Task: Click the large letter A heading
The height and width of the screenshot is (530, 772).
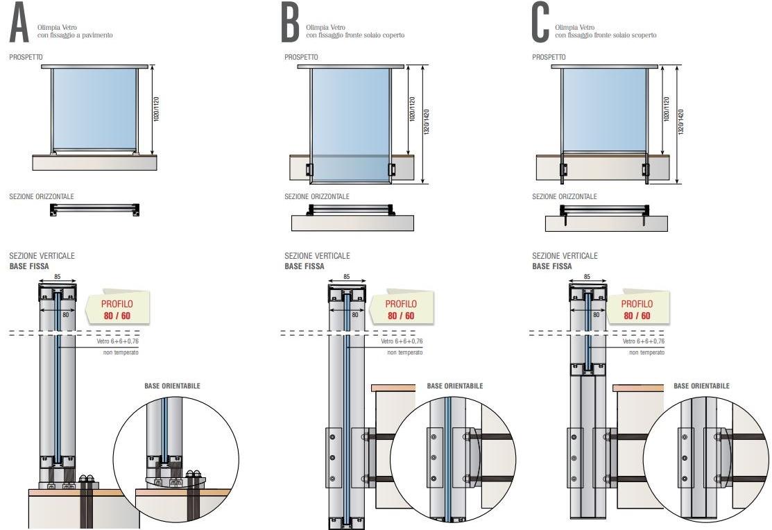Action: (x=19, y=23)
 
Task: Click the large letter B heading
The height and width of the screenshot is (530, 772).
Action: (x=289, y=23)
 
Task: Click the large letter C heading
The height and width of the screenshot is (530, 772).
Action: (x=540, y=23)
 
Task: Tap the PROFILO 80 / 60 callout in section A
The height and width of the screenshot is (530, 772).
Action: (x=116, y=309)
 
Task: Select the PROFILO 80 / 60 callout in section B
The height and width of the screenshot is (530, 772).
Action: (x=401, y=309)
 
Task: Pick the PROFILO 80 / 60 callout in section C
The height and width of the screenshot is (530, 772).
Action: (x=636, y=309)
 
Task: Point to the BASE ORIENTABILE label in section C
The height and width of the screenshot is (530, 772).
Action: (x=701, y=386)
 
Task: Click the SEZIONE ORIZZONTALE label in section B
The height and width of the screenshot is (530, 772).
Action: (x=317, y=197)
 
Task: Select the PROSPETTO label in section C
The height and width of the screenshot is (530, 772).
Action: (x=549, y=58)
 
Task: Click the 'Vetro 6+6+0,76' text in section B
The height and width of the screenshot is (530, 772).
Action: (x=402, y=341)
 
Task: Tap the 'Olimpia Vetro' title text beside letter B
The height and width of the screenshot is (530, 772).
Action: (x=323, y=27)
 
